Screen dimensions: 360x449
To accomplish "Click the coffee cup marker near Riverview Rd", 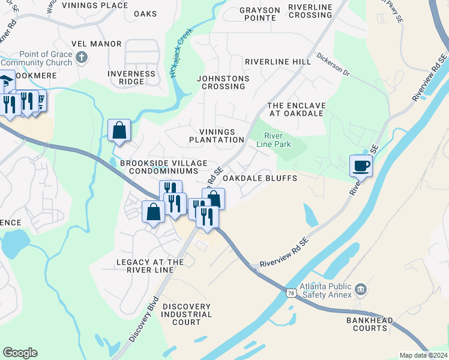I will click(361, 166).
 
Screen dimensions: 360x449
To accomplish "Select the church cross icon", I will click(82, 58).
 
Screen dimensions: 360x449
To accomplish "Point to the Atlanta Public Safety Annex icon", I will click(360, 290).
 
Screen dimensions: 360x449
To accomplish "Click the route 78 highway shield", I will click(291, 292).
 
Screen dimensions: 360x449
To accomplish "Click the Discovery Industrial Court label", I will click(187, 314).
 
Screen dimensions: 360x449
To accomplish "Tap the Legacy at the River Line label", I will click(150, 266).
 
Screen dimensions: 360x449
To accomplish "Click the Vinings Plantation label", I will click(216, 136).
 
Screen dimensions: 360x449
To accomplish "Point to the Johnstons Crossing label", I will click(223, 82).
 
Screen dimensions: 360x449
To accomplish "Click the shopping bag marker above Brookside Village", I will click(119, 130).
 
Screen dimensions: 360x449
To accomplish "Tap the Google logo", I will click(20, 353).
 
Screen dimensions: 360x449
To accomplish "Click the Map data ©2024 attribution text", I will click(424, 355).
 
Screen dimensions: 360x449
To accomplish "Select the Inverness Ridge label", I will click(131, 77).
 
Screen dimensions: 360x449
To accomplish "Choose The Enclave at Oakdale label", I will click(296, 110).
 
